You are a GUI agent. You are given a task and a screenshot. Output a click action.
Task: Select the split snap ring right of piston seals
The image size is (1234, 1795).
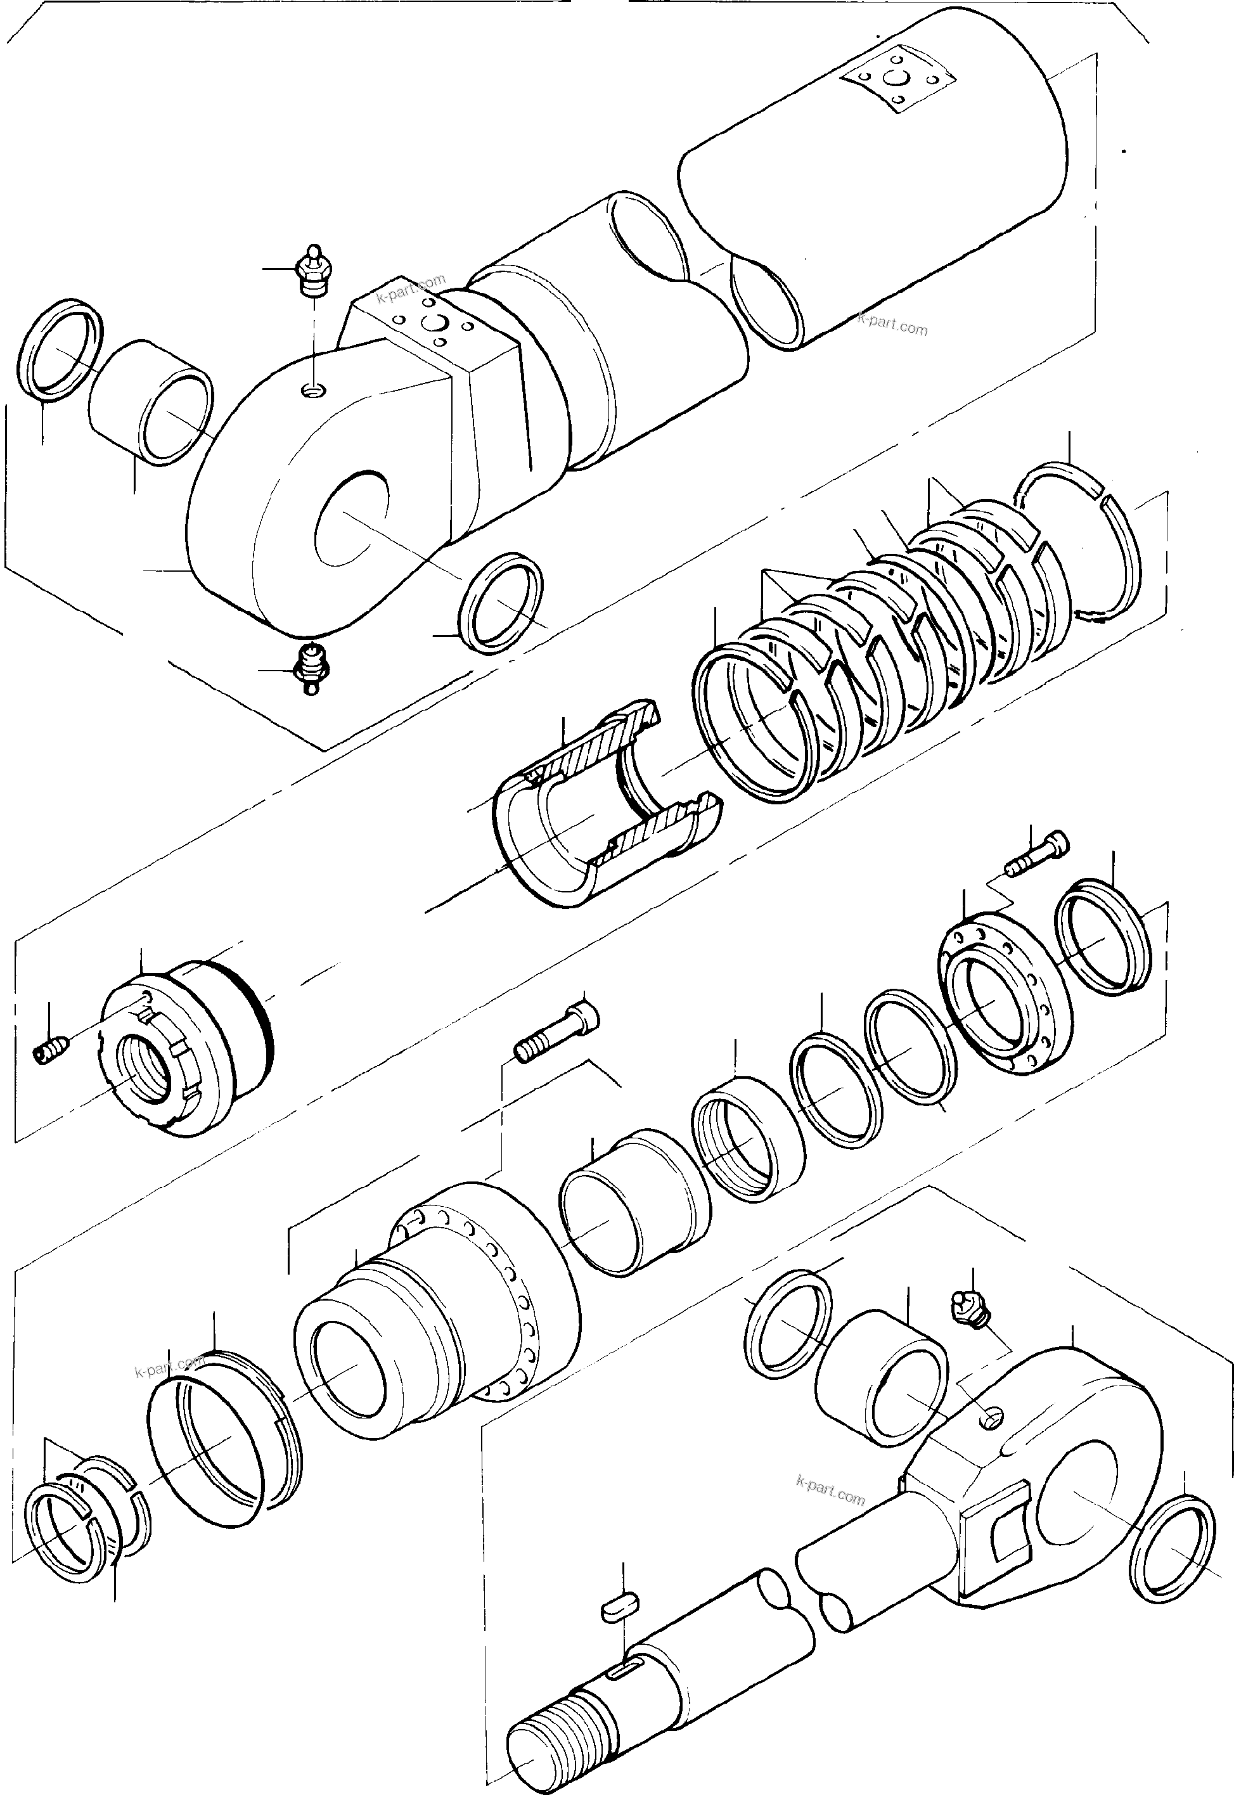pyautogui.click(x=1083, y=541)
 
